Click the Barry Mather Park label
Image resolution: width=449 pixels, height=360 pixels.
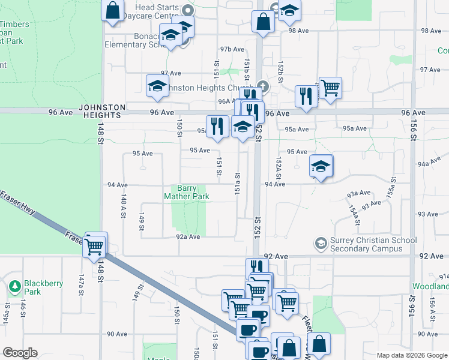[x=186, y=192]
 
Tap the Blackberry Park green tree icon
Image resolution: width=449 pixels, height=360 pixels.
[x=15, y=287]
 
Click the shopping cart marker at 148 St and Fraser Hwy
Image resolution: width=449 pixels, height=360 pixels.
[x=95, y=245]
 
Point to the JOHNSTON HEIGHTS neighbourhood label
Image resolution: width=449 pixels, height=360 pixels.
[x=102, y=112]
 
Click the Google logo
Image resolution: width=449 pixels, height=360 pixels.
[x=19, y=353]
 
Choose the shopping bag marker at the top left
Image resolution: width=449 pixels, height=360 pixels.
[x=112, y=10]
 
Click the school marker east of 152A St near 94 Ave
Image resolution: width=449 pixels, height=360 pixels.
[x=321, y=166]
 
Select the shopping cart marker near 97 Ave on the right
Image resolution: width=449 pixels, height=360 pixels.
[x=330, y=88]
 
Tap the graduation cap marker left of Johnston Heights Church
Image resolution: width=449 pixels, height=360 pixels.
[x=157, y=86]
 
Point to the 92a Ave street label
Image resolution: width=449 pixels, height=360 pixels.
[x=187, y=237]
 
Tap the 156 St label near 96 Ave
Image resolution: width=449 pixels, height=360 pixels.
[x=412, y=127]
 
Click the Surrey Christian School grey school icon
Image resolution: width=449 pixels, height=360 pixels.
[x=321, y=243]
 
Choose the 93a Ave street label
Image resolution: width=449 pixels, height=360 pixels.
[x=359, y=193]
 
